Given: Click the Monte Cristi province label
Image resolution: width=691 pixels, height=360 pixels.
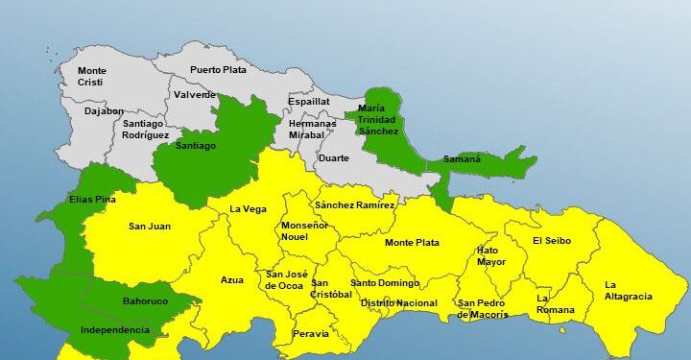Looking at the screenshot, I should [x=92, y=77].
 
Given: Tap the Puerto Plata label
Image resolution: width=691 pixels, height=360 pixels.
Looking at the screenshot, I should [x=218, y=69].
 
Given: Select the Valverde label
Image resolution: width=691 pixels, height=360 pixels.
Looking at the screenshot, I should [x=196, y=95].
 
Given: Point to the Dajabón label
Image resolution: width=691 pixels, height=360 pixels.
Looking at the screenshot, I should [x=104, y=111].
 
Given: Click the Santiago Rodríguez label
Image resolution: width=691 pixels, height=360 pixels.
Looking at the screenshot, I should [x=144, y=130].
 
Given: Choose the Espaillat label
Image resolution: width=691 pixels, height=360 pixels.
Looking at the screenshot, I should [x=309, y=101].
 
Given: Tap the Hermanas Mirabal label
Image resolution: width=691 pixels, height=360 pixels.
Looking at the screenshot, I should [x=313, y=130].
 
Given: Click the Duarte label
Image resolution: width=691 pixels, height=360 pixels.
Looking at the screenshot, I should [x=333, y=157].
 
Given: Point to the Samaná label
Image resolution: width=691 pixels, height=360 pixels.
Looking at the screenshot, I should [x=462, y=159].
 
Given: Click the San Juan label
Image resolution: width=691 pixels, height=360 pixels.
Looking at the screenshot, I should [x=149, y=227].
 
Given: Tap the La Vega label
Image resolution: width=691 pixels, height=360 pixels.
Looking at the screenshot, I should [x=248, y=209].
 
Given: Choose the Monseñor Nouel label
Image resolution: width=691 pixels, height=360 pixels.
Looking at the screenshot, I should [x=304, y=230].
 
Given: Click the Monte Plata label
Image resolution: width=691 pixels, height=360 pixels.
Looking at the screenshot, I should [x=412, y=243].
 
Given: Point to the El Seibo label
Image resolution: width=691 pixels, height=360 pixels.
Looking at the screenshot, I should [x=551, y=241].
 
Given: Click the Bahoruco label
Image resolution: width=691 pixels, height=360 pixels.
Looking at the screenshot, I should [x=145, y=301].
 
